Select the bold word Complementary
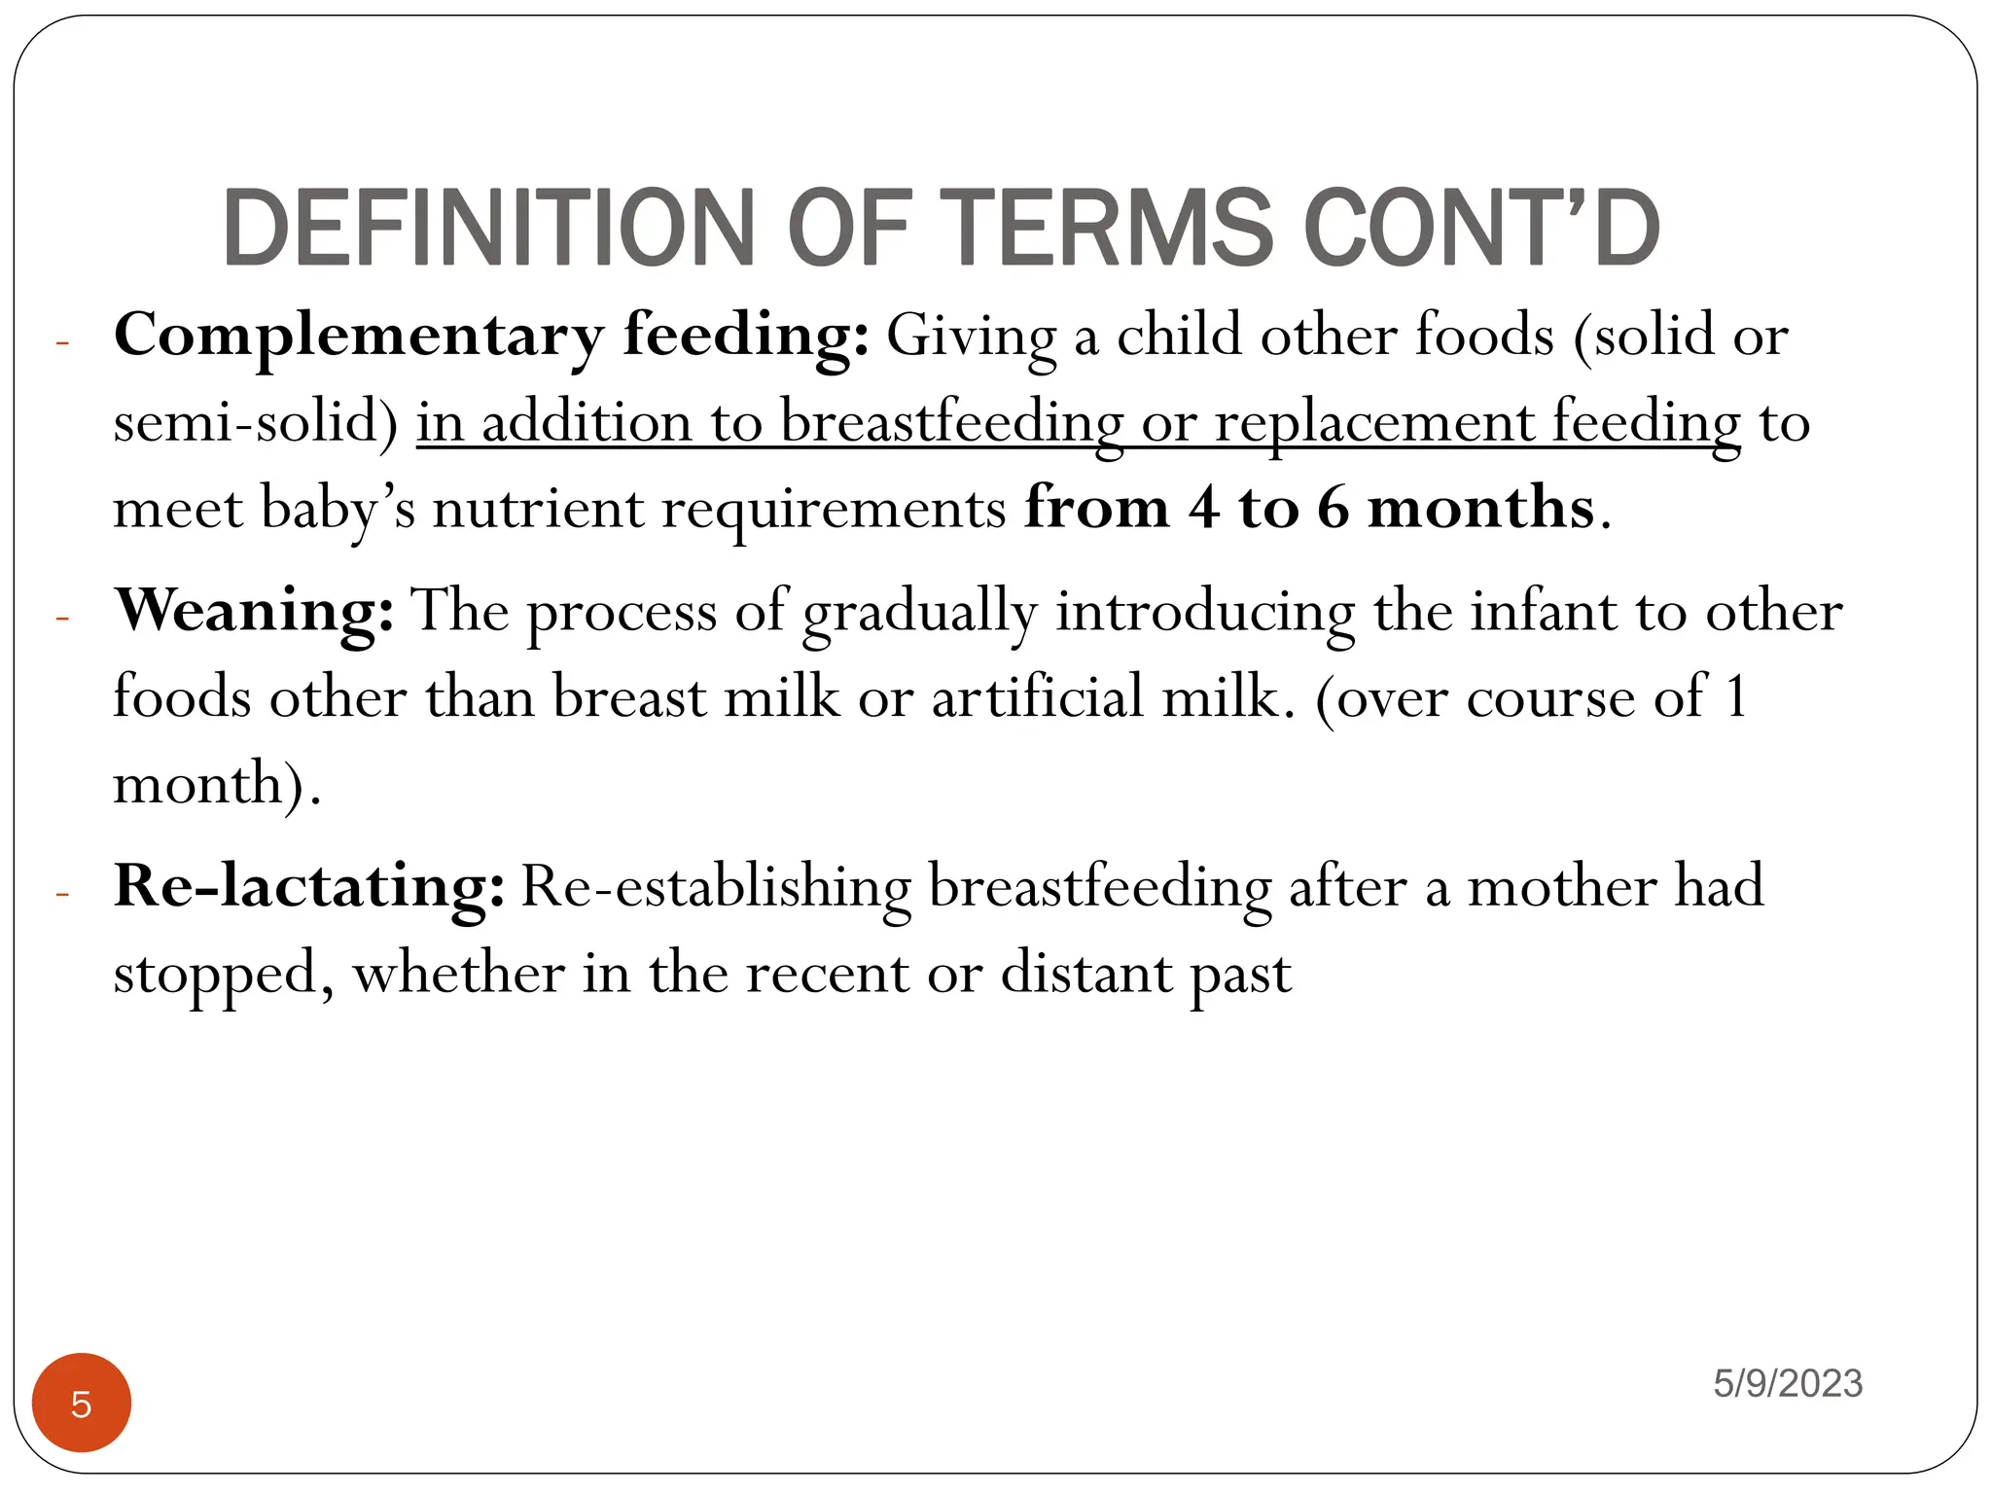pyautogui.click(x=358, y=337)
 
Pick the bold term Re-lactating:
pyautogui.click(x=309, y=888)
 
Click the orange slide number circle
pyautogui.click(x=82, y=1403)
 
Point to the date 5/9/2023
pyautogui.click(x=1788, y=1383)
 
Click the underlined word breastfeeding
pyautogui.click(x=951, y=424)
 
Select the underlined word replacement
pyautogui.click(x=1373, y=424)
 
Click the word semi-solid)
pyautogui.click(x=256, y=424)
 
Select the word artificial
pyautogui.click(x=1038, y=698)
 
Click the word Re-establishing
pyautogui.click(x=716, y=888)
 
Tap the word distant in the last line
pyautogui.click(x=1086, y=974)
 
